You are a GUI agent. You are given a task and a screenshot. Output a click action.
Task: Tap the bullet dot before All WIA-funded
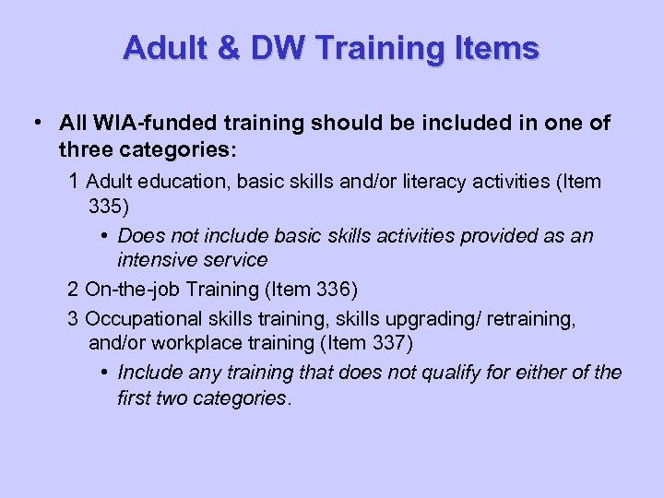(34, 123)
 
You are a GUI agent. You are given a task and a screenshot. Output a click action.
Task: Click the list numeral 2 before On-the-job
(73, 290)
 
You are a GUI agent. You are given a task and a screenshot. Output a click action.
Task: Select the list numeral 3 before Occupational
(73, 318)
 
